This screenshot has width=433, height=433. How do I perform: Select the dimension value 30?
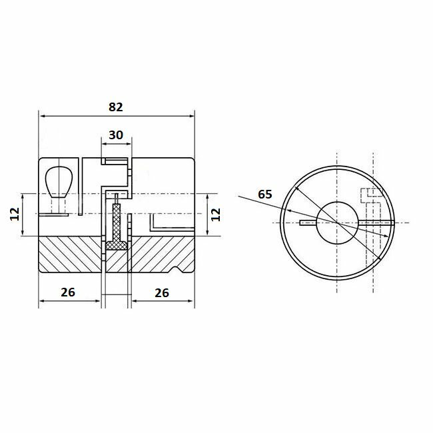pos(115,135)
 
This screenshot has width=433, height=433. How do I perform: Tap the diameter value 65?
pos(264,195)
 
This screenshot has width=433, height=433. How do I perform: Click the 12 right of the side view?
pos(215,215)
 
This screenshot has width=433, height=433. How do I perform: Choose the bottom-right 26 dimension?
pos(163,292)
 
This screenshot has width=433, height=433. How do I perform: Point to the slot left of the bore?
pos(308,222)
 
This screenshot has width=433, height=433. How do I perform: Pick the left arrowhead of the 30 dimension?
pos(104,143)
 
